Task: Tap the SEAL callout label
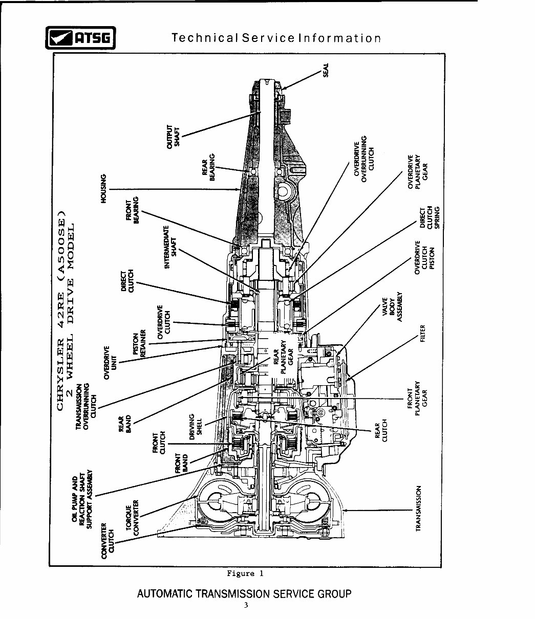click(326, 69)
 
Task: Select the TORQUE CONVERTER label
click(133, 517)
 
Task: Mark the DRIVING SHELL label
click(196, 426)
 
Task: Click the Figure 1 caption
click(245, 573)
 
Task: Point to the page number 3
click(245, 606)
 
